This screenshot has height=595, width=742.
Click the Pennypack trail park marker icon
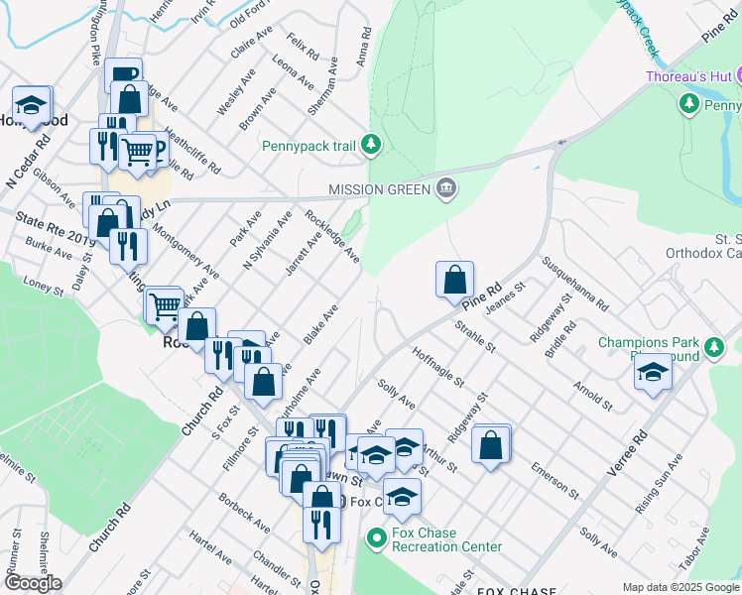[371, 146]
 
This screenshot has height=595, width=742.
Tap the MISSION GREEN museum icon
[446, 188]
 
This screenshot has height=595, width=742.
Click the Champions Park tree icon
[713, 347]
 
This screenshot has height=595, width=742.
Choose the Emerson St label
[555, 478]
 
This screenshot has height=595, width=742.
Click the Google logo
[33, 582]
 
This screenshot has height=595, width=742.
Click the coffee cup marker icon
[123, 75]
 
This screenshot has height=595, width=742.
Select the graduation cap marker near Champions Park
[654, 373]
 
